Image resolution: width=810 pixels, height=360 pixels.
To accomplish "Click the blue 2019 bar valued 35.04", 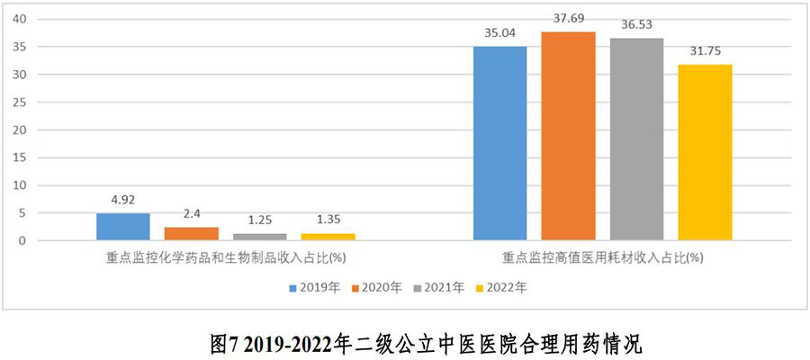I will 499,144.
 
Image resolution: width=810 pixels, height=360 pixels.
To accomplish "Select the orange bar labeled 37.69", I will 568,137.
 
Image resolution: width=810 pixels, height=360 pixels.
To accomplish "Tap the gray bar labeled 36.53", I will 636,139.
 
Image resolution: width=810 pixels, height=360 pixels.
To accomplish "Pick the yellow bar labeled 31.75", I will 705,153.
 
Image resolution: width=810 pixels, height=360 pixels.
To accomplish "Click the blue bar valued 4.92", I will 123,227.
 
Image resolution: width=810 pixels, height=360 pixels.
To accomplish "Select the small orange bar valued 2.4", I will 192,234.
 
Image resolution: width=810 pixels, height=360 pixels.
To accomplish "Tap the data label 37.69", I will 568,18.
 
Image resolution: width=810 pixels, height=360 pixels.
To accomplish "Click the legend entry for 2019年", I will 315,288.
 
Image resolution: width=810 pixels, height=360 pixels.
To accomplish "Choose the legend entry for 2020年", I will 377,288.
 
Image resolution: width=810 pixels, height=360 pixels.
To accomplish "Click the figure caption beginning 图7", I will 405,343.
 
